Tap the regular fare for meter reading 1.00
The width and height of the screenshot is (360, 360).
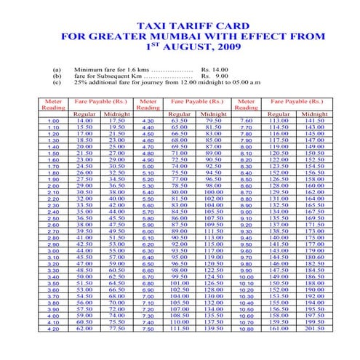(x=84, y=121)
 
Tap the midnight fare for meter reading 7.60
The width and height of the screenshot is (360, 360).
(x=315, y=121)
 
